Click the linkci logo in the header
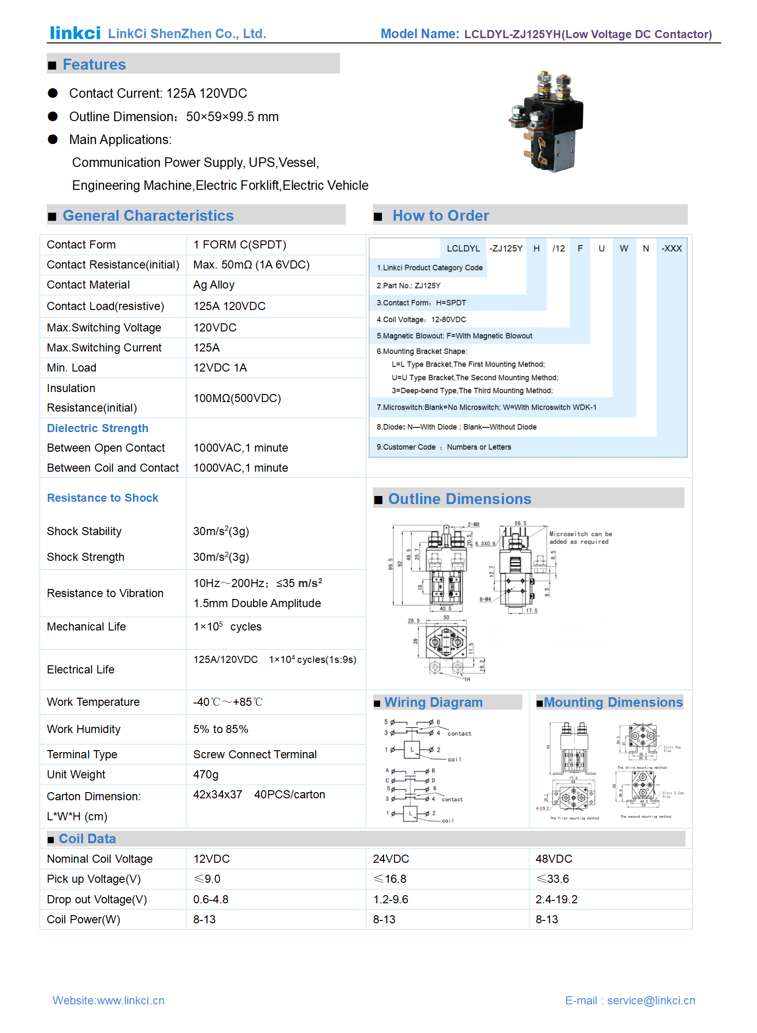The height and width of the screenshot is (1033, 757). tap(75, 33)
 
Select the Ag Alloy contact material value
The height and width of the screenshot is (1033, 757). tap(214, 285)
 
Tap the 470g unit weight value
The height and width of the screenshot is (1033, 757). tap(206, 775)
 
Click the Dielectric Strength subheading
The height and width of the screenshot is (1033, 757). tap(97, 428)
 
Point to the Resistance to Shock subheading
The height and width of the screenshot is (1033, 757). tap(103, 498)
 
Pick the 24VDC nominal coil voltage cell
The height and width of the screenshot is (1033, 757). tap(391, 859)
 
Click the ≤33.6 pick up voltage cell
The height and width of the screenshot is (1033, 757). tap(552, 879)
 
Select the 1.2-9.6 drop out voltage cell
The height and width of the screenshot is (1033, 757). tap(390, 899)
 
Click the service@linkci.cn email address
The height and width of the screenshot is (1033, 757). tap(651, 1001)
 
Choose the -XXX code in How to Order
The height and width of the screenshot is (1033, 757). tap(671, 248)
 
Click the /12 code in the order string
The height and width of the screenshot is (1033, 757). tap(558, 248)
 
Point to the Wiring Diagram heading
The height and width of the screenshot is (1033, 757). tap(433, 702)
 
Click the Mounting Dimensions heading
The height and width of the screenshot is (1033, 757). tap(613, 702)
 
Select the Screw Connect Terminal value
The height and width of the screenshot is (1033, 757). tap(255, 754)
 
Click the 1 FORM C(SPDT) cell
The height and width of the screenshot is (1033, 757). tap(239, 245)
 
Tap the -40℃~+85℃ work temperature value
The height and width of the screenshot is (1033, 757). tap(228, 702)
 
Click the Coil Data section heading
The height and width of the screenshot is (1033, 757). tap(87, 839)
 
